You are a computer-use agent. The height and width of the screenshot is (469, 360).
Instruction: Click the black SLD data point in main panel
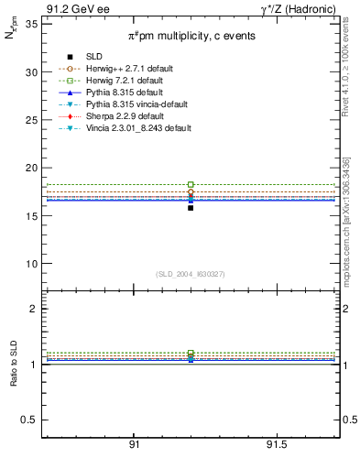[x=191, y=208]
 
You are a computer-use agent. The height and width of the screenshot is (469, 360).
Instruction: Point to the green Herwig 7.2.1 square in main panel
[x=191, y=185]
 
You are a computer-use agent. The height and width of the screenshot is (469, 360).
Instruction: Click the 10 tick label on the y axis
[x=31, y=264]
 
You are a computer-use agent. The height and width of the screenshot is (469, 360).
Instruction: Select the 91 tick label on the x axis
[x=134, y=445]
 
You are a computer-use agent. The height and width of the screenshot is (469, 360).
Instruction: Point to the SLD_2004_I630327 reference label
[x=191, y=274]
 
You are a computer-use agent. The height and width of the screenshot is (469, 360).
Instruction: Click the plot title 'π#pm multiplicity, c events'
[x=191, y=36]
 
